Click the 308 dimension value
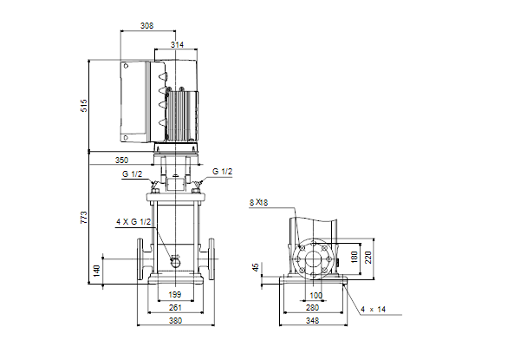(146, 26)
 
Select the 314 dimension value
(177, 44)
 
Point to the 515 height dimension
(84, 106)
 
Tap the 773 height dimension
(84, 218)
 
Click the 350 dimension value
(121, 160)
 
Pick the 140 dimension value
(97, 271)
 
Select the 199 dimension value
(175, 295)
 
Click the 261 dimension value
(175, 307)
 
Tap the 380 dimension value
(175, 321)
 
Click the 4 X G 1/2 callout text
(133, 222)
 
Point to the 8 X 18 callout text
(258, 202)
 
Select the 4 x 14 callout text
(374, 309)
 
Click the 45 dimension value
(256, 267)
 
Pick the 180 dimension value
(355, 258)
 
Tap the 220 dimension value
(368, 258)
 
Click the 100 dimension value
(316, 295)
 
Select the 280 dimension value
(312, 307)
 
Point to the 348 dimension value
(312, 321)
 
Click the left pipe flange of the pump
(140, 259)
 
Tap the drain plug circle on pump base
(176, 263)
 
